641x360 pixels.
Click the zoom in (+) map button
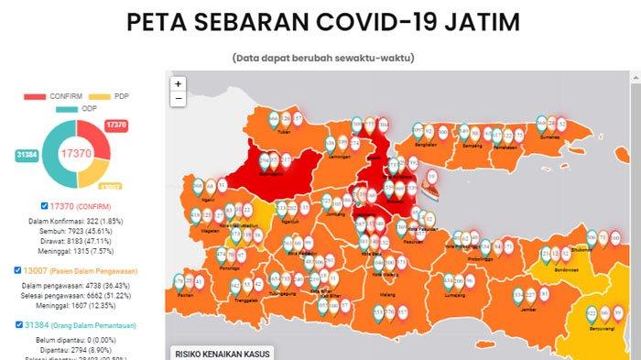tap(178, 83)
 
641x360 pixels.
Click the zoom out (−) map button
tap(178, 98)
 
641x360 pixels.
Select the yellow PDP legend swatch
tap(97, 95)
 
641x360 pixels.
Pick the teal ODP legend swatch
tap(66, 110)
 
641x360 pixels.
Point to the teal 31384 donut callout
tap(27, 156)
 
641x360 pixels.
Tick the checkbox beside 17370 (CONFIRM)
tap(46, 206)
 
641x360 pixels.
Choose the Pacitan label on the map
tap(187, 295)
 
